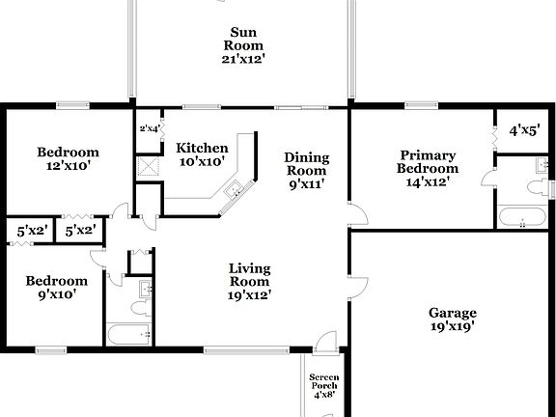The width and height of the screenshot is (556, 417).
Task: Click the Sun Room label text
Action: tap(244, 39)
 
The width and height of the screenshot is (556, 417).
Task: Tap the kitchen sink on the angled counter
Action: tap(232, 193)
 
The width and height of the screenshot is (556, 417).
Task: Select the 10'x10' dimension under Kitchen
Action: tap(202, 162)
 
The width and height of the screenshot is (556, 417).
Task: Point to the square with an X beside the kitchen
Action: tap(148, 165)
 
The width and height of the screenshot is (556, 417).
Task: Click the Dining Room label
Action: tap(306, 164)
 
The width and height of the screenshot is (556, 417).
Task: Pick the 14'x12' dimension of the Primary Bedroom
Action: tap(429, 181)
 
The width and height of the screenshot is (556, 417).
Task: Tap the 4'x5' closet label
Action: tap(525, 129)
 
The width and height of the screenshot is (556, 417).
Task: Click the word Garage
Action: tap(453, 313)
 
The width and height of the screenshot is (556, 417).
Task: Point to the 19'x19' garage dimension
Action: tap(453, 327)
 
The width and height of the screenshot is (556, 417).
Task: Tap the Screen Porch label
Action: tap(322, 382)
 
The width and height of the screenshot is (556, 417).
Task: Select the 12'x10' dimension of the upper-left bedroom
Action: tap(68, 166)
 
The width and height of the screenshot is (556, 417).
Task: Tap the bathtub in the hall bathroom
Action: tap(129, 335)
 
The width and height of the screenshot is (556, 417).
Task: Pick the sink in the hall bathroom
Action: tap(144, 288)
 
